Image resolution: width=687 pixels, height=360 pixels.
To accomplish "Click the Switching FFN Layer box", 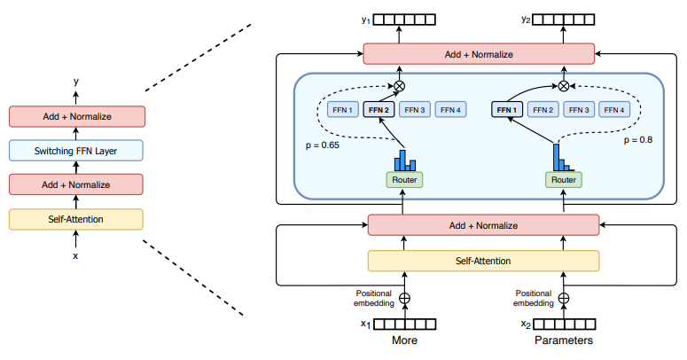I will pos(76,151).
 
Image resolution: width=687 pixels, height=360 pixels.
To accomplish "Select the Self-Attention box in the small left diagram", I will pos(76,218).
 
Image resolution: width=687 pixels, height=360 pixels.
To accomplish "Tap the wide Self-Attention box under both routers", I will pos(482,261).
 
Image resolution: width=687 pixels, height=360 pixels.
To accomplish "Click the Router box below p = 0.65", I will pos(404,179).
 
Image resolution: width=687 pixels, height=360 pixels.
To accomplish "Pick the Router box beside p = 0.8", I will pos(563,179).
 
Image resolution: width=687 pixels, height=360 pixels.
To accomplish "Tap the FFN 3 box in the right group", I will pos(579,110).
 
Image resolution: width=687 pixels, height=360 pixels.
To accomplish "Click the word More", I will pos(405,340).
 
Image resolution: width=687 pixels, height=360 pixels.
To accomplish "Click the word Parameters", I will pos(564,340).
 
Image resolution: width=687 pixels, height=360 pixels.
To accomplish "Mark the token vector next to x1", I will pos(410,325).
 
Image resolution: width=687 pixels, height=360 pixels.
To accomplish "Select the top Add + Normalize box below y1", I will pos(479,54).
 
